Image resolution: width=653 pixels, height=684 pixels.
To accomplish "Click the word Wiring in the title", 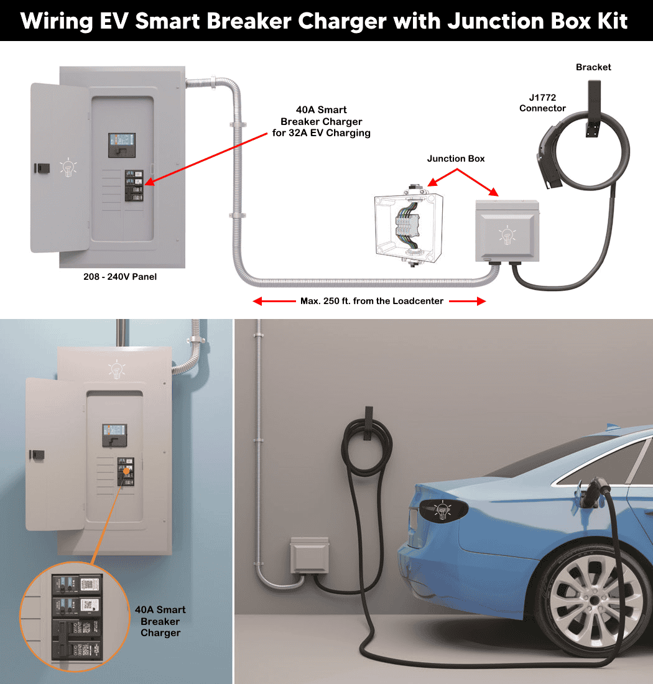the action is pyautogui.click(x=57, y=21).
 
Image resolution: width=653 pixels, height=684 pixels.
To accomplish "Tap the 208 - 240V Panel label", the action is pyautogui.click(x=120, y=277).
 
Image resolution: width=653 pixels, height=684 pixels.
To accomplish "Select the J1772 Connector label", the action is pyautogui.click(x=542, y=103).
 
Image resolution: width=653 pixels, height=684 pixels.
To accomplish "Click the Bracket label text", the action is pyautogui.click(x=593, y=67).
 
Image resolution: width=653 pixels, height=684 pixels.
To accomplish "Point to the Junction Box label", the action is pyautogui.click(x=456, y=159).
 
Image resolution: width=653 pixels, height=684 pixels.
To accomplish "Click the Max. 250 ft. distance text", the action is pyautogui.click(x=372, y=301).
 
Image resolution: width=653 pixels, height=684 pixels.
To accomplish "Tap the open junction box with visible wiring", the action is pyautogui.click(x=409, y=227).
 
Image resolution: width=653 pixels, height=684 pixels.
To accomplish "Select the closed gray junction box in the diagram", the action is pyautogui.click(x=507, y=231).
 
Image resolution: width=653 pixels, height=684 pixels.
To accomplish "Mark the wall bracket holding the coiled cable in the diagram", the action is pyautogui.click(x=593, y=109).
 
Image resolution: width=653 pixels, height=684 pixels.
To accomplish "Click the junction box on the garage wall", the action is pyautogui.click(x=309, y=555).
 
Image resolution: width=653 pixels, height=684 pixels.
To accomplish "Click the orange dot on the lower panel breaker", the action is pyautogui.click(x=126, y=471).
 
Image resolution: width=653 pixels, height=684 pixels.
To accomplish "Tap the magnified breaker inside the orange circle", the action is pyautogui.click(x=76, y=617).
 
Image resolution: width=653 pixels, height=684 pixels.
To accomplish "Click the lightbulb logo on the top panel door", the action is pyautogui.click(x=68, y=168).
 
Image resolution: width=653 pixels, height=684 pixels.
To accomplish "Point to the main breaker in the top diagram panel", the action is pyautogui.click(x=122, y=146).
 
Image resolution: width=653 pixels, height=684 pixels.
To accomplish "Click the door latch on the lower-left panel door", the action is pyautogui.click(x=37, y=455).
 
